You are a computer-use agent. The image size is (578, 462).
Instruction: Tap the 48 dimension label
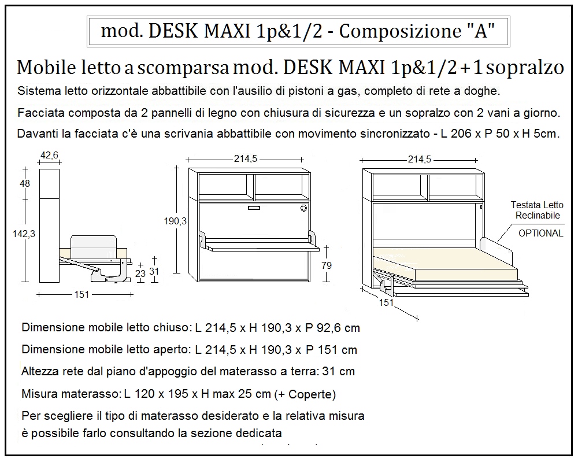pos(25,183)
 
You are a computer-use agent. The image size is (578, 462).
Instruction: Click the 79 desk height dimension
pos(327,265)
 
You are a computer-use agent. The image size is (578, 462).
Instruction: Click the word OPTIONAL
pos(540,234)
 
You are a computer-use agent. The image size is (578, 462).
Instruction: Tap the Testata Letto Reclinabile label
pos(536,210)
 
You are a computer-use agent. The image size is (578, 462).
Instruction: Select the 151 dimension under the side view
pos(82,295)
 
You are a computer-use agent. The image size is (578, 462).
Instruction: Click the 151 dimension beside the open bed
pos(386,302)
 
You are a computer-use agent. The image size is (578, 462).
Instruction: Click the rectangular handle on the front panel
pos(254,208)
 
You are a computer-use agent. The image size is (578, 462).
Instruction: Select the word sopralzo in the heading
pos(525,68)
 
